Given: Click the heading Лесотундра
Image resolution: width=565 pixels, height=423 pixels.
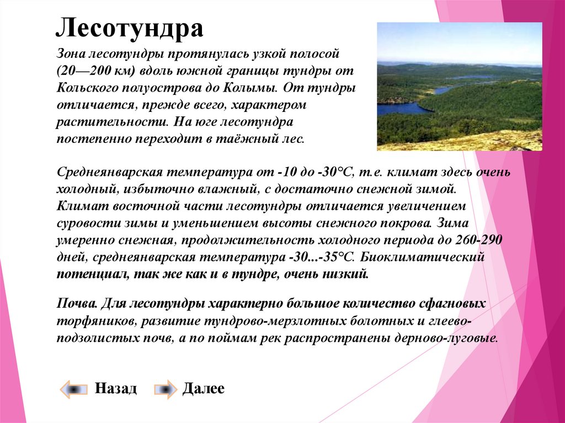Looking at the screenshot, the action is click(x=130, y=28).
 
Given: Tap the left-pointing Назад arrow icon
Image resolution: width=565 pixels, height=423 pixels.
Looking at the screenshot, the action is click(x=74, y=389).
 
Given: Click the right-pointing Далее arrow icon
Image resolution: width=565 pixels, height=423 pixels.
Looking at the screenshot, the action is click(x=166, y=389).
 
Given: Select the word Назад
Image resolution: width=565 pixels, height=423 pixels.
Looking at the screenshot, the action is click(x=116, y=388).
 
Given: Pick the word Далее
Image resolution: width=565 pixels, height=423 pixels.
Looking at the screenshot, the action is click(x=204, y=388).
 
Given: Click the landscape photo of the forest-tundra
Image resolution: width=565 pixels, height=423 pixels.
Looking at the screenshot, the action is click(x=460, y=87).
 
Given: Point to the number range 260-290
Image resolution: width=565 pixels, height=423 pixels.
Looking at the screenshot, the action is click(x=478, y=240).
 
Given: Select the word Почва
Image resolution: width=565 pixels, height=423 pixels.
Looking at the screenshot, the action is click(x=77, y=303).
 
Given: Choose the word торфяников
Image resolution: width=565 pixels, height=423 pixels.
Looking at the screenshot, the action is click(x=96, y=321).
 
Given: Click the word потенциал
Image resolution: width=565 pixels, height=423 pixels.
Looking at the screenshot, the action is click(x=92, y=275).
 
